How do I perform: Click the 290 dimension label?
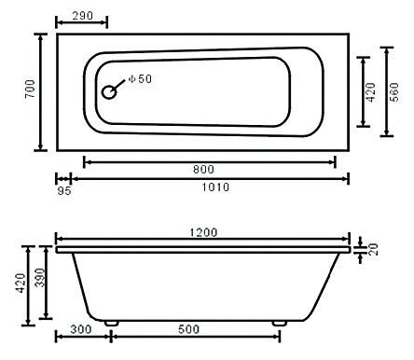[83, 15]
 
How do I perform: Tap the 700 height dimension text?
[31, 90]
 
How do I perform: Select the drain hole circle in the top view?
[109, 92]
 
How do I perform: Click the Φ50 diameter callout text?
[140, 79]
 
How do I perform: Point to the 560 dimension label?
[393, 92]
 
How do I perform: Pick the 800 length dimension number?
[203, 170]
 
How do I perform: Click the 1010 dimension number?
[215, 187]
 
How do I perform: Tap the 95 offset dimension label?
[64, 191]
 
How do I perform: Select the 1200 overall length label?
[203, 232]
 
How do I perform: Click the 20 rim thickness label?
[374, 249]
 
